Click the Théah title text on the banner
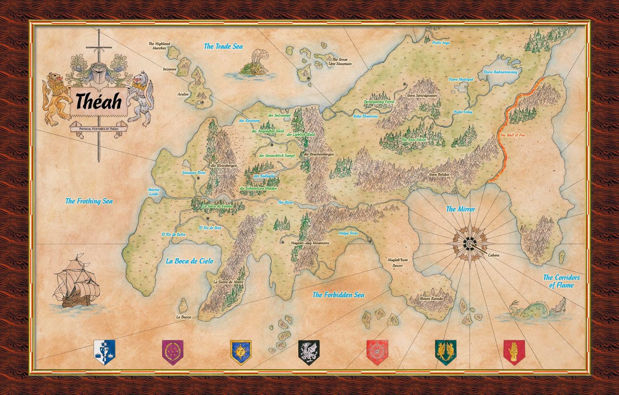(x=98, y=102)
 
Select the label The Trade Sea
(x=223, y=46)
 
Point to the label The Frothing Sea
(x=89, y=201)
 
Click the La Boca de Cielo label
(x=189, y=261)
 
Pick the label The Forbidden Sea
(x=338, y=295)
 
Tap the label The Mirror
(x=460, y=209)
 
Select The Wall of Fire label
(x=512, y=135)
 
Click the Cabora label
(x=493, y=255)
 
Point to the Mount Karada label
(x=431, y=299)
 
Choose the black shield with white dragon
(x=309, y=352)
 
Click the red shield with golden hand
(x=514, y=352)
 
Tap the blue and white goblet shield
(x=104, y=351)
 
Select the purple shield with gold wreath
(x=173, y=352)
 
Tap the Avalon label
(x=183, y=94)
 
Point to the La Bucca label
(x=183, y=317)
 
